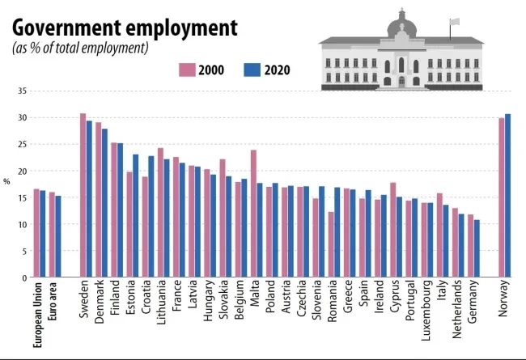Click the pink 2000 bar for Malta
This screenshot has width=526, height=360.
[x=253, y=214]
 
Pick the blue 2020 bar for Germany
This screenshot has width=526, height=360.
[x=477, y=248]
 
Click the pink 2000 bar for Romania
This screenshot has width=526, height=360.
[x=331, y=244]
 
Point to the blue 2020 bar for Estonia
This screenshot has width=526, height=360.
[x=136, y=216]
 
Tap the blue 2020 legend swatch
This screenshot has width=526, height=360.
[x=252, y=70]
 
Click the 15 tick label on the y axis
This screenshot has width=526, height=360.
[x=21, y=197]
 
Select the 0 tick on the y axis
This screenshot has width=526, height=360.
[x=23, y=277]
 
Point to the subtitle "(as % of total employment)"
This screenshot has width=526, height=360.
[x=80, y=49]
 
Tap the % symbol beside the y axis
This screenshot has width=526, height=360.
[x=7, y=181]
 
